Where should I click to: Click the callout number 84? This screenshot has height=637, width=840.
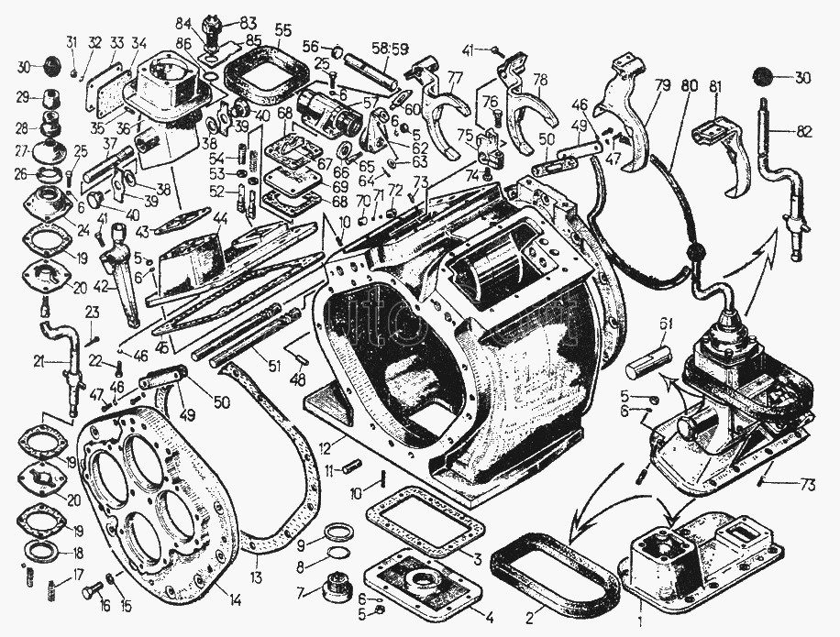[184, 21]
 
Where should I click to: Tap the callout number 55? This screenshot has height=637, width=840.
[282, 29]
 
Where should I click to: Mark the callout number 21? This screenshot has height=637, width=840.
[37, 360]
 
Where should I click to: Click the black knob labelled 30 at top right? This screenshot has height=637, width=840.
[760, 78]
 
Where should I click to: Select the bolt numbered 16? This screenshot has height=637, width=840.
[89, 591]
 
